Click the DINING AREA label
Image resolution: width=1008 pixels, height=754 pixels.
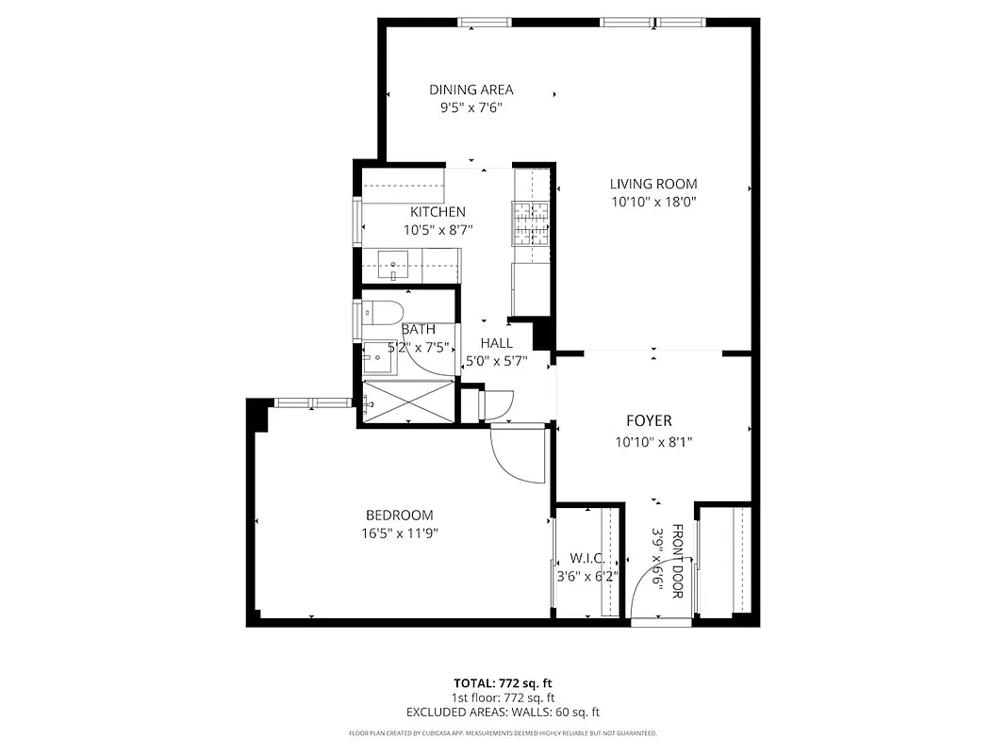coord(471,90)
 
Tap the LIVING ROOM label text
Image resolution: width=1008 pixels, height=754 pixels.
coord(653,184)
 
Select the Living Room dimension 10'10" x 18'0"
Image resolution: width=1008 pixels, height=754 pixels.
coord(653,201)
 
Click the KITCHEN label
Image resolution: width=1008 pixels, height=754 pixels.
coord(437,212)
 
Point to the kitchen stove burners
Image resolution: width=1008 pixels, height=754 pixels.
coord(531,222)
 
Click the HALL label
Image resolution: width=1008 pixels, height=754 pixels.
coord(496,343)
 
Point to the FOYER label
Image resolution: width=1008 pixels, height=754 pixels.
coord(649,420)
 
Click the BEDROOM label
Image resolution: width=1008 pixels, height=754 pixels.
coord(399,515)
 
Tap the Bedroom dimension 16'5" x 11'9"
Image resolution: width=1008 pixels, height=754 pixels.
coord(399,533)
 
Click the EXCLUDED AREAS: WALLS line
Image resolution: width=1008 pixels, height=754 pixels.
coord(503,713)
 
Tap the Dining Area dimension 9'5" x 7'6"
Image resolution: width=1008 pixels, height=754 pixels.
coord(471,107)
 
